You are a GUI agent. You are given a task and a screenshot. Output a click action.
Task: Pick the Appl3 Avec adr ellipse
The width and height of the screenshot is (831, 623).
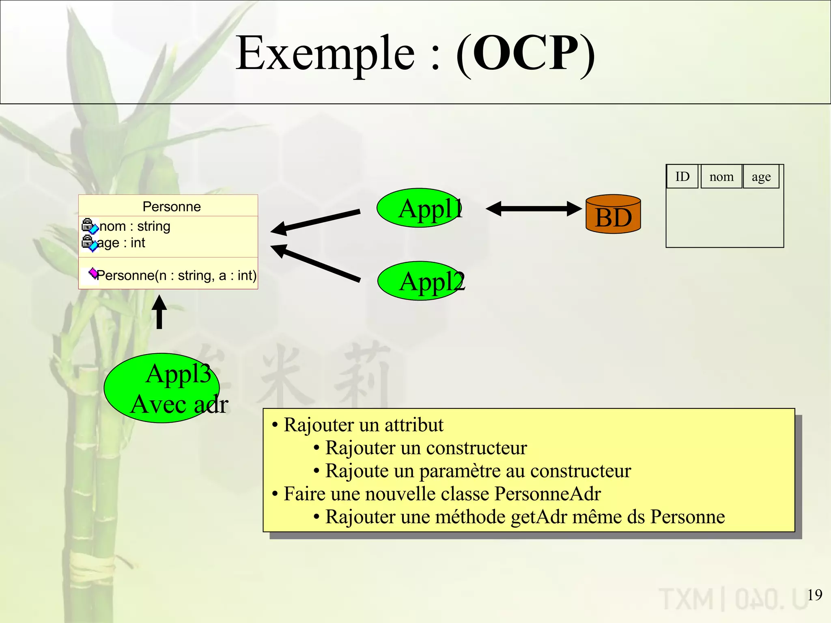coord(162,388)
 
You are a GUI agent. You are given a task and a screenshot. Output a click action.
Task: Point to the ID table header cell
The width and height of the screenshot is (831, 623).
coord(682,176)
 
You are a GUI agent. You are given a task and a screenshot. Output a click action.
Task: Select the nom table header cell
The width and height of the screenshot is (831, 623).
coord(721,176)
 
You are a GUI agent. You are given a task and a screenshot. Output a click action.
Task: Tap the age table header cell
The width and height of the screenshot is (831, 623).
coord(761,176)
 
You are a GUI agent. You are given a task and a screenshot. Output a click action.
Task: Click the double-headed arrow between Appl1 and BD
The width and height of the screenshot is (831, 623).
coord(534,209)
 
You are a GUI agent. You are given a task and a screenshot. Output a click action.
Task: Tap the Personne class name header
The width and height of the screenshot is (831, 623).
coord(172,206)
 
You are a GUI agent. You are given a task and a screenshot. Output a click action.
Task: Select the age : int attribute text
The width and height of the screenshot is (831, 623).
coord(121,243)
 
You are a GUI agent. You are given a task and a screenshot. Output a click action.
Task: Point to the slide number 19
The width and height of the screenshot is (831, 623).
coord(814,595)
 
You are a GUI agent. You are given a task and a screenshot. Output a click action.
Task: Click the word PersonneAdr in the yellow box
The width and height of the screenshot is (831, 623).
coord(547,494)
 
